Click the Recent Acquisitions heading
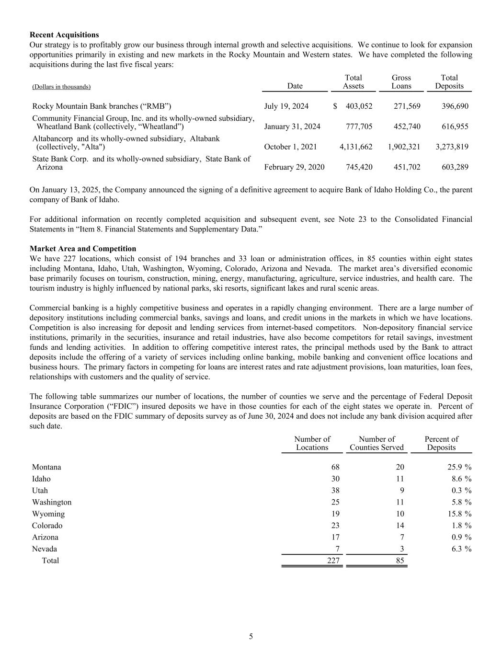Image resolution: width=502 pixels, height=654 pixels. click(x=64, y=35)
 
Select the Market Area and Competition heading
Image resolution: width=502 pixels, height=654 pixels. click(x=83, y=249)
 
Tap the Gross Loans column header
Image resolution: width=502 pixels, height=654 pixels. click(x=401, y=82)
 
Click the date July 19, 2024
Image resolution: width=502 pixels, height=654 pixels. click(x=286, y=106)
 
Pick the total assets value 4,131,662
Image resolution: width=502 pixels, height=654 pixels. click(x=356, y=147)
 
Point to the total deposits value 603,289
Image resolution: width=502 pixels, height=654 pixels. click(x=452, y=167)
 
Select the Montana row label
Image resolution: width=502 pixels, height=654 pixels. click(x=46, y=467)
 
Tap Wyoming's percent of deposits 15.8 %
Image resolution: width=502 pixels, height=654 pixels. click(x=459, y=514)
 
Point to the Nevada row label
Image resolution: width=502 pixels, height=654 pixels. click(x=45, y=549)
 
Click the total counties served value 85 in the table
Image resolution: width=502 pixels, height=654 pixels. click(x=400, y=561)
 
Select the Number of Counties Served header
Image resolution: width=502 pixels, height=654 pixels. click(x=376, y=443)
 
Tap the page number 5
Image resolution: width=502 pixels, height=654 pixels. click(x=251, y=637)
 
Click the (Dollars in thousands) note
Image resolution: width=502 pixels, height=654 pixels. click(x=61, y=87)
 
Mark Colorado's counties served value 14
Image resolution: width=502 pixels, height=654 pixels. click(x=400, y=526)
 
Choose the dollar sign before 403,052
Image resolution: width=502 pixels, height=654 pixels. click(x=335, y=106)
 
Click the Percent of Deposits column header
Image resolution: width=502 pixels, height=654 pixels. click(x=441, y=443)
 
